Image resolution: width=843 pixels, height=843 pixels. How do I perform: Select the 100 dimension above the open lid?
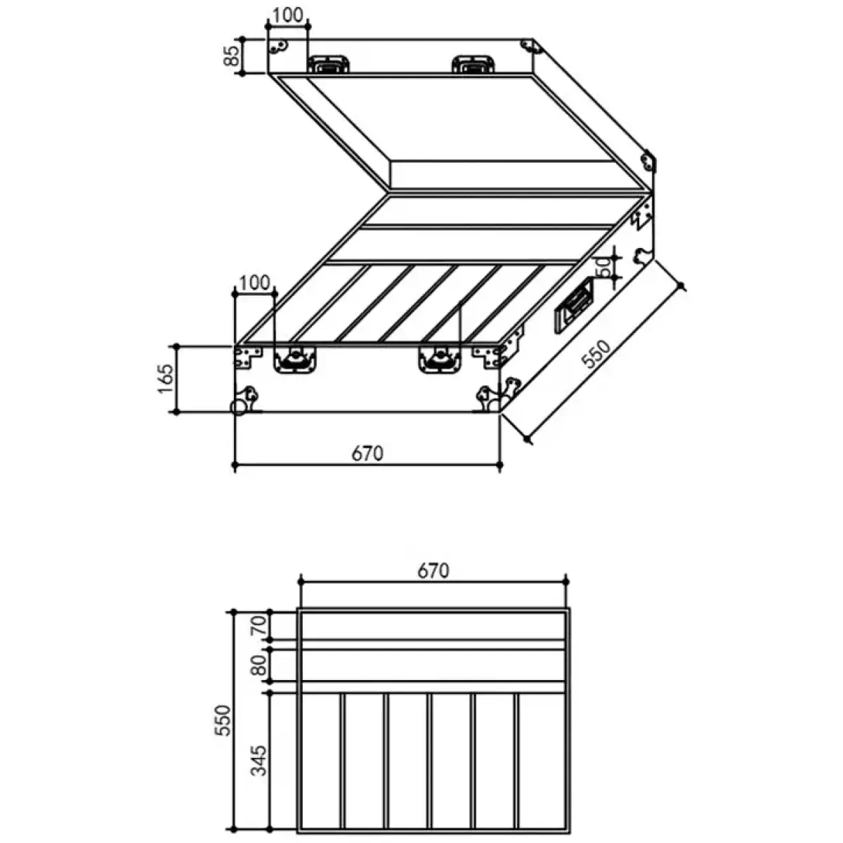point(288,15)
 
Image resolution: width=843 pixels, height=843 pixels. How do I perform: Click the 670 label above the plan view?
point(433,570)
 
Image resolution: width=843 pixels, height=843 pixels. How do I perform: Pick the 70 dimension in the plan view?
point(261,625)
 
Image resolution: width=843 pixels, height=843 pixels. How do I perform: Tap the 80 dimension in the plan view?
point(261,665)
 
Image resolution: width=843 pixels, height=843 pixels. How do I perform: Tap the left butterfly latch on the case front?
point(295,359)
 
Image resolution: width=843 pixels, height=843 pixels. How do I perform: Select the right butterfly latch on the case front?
point(440,359)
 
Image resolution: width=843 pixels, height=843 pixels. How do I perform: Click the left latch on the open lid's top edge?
point(328,65)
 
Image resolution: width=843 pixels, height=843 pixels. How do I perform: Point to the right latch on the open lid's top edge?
point(473,65)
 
